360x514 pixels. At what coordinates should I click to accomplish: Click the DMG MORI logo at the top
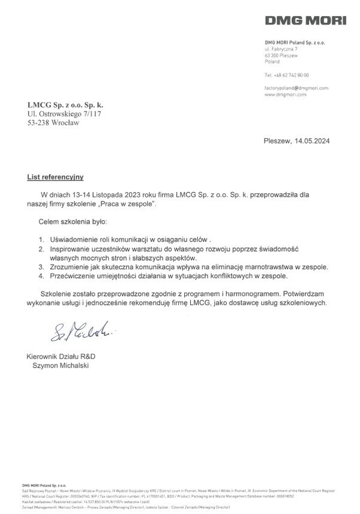306,21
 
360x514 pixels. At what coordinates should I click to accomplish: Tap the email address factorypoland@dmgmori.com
296,88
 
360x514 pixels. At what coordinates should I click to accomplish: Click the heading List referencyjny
55,177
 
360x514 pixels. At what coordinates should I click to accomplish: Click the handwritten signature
75,331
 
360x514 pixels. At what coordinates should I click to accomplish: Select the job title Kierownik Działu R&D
61,356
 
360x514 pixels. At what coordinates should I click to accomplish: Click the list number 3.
41,267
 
